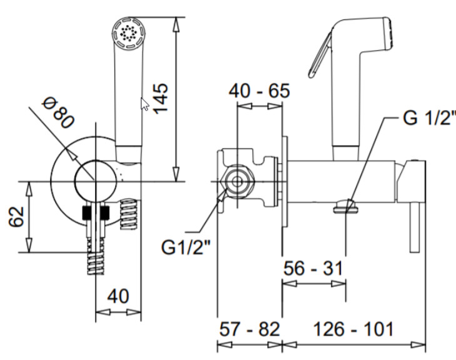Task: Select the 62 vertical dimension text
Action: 17,217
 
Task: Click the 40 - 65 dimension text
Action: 260,91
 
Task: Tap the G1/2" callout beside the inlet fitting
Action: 185,247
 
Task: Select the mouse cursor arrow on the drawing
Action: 144,103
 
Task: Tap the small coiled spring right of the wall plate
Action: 129,212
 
